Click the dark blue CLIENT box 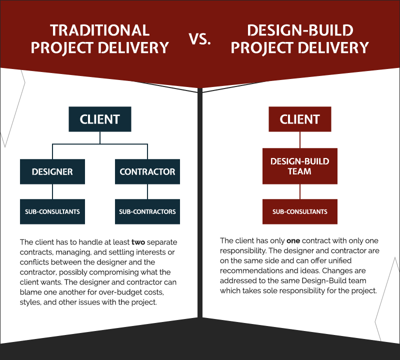tap(100, 119)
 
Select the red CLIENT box tap(300, 119)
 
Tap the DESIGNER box tap(52, 171)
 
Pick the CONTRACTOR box tap(147, 171)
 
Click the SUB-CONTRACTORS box tap(147, 211)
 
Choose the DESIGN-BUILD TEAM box tap(300, 166)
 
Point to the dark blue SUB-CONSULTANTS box tap(52, 211)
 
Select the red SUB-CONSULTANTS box tap(300, 211)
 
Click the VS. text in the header tap(200, 39)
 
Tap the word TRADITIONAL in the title tap(100, 30)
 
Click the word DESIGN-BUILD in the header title tap(300, 30)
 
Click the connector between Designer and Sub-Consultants tap(52, 191)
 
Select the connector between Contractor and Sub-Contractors tap(147, 191)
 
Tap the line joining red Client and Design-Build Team tap(300, 140)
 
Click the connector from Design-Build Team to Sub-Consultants tap(300, 191)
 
